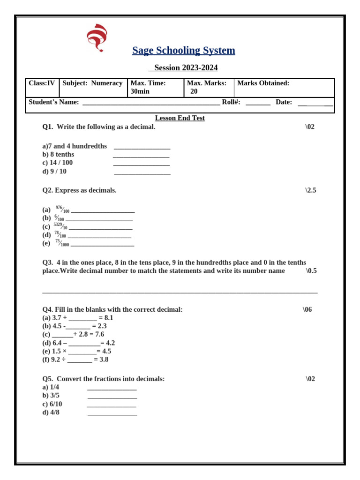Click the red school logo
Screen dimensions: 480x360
click(x=97, y=37)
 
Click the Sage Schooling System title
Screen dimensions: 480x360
click(x=183, y=51)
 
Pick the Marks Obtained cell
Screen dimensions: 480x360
click(x=284, y=87)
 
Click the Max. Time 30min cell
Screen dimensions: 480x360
click(x=155, y=87)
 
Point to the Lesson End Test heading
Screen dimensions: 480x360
click(x=180, y=118)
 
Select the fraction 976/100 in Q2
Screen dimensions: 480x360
click(x=62, y=210)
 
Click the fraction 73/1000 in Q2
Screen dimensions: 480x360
click(x=62, y=243)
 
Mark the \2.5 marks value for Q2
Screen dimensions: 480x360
click(x=310, y=190)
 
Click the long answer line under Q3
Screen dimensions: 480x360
click(x=180, y=292)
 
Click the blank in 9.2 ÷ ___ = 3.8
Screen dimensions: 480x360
click(x=79, y=360)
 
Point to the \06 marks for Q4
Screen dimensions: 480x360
click(x=307, y=310)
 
